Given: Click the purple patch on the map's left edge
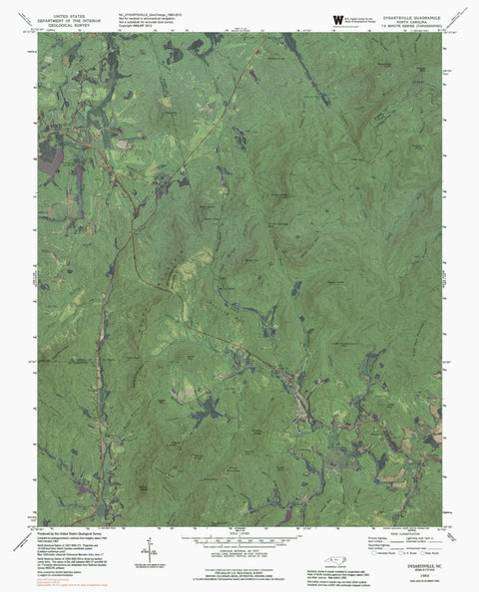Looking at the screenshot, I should [49, 156].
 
